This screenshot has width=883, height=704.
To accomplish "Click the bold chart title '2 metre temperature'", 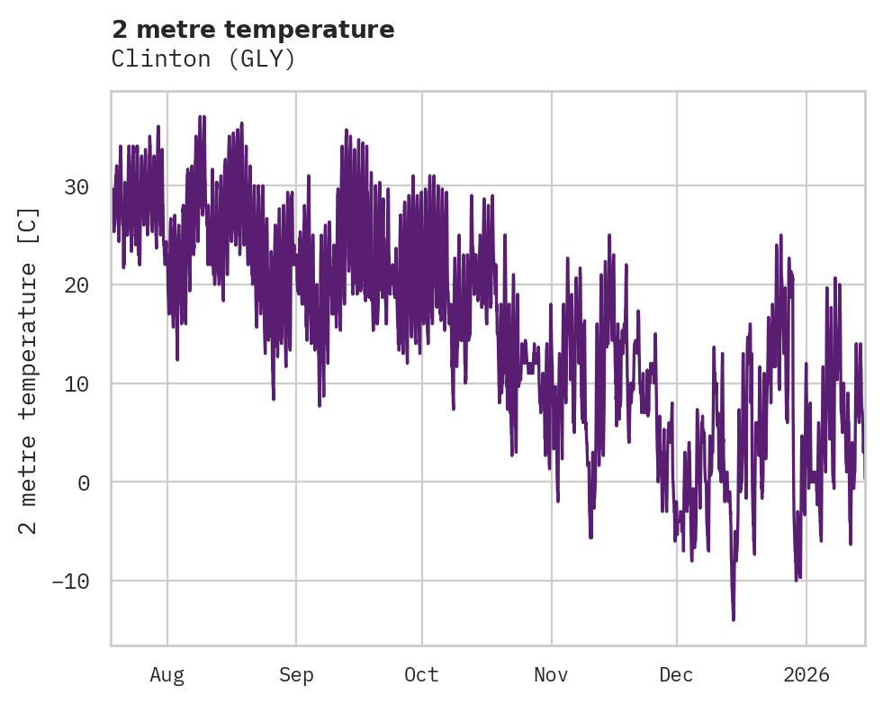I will pyautogui.click(x=253, y=30).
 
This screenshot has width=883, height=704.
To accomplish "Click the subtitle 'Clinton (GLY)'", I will pyautogui.click(x=203, y=59).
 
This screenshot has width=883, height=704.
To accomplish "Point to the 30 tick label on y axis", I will pyautogui.click(x=77, y=187).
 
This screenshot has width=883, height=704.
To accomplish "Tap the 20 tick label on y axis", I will pyautogui.click(x=77, y=285).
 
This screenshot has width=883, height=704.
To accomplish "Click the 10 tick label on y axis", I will pyautogui.click(x=77, y=384).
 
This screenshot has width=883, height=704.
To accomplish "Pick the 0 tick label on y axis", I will pyautogui.click(x=85, y=483).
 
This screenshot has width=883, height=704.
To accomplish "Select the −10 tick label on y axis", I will pyautogui.click(x=70, y=582).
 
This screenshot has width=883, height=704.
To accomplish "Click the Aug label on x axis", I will pyautogui.click(x=167, y=675).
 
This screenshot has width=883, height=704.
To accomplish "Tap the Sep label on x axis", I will pyautogui.click(x=295, y=675).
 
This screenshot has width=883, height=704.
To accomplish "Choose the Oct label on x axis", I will pyautogui.click(x=421, y=675).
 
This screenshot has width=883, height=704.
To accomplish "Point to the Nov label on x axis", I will pyautogui.click(x=551, y=675).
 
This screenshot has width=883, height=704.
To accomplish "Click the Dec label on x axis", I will pyautogui.click(x=676, y=675).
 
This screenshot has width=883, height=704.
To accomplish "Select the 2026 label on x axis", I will pyautogui.click(x=806, y=675).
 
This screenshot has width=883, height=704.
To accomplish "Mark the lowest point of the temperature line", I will pyautogui.click(x=734, y=619).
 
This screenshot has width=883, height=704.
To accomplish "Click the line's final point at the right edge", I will pyautogui.click(x=864, y=477).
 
